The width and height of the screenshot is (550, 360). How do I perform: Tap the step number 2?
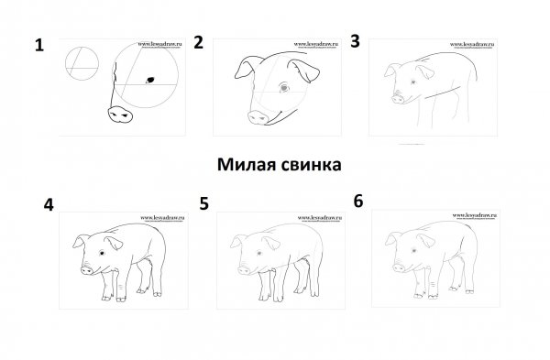coord(197,41)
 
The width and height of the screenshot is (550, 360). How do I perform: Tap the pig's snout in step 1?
coord(120,114)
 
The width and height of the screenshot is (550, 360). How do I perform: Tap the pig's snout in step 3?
coord(398,94)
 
